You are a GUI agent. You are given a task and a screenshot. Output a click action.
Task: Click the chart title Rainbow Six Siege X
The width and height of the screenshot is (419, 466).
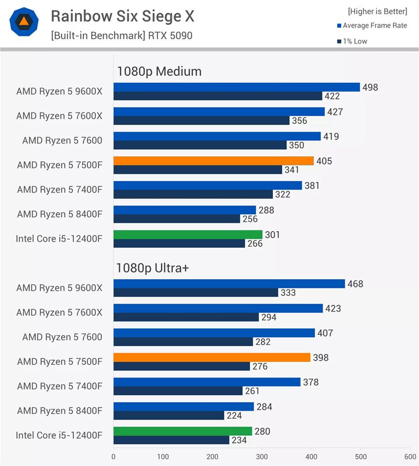tap(122, 17)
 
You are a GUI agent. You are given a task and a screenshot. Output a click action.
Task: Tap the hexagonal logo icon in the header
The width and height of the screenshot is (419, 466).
tap(24, 21)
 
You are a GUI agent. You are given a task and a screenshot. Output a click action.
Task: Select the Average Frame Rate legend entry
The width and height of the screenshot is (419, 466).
tap(372, 26)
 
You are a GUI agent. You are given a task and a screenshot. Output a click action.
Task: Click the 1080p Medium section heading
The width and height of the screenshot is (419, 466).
tap(159, 72)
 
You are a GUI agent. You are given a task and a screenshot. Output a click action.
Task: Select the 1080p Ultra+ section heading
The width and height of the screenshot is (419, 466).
tap(152, 269)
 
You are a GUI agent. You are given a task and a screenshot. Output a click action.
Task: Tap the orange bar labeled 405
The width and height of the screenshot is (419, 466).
tap(214, 161)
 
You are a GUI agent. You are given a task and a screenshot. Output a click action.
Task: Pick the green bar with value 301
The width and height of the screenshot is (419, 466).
tap(188, 235)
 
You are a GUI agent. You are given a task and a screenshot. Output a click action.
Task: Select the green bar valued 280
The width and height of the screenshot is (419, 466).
tap(183, 431)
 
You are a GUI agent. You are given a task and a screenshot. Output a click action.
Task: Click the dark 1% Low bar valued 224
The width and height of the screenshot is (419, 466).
tap(169, 415)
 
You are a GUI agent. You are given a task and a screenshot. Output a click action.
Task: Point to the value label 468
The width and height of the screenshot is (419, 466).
tap(355, 284)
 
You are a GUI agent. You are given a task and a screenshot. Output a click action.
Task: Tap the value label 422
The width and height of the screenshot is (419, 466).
tap(332, 96)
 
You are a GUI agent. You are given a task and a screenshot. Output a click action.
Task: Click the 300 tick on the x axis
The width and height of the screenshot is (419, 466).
tap(262, 457)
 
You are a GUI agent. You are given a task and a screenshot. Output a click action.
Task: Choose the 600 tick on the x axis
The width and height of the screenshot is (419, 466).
tap(410, 457)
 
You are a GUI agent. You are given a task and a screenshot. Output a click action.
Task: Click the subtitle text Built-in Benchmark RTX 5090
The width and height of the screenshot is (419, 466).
tap(122, 36)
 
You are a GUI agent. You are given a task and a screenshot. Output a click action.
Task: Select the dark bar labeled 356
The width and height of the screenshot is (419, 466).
tap(201, 120)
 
